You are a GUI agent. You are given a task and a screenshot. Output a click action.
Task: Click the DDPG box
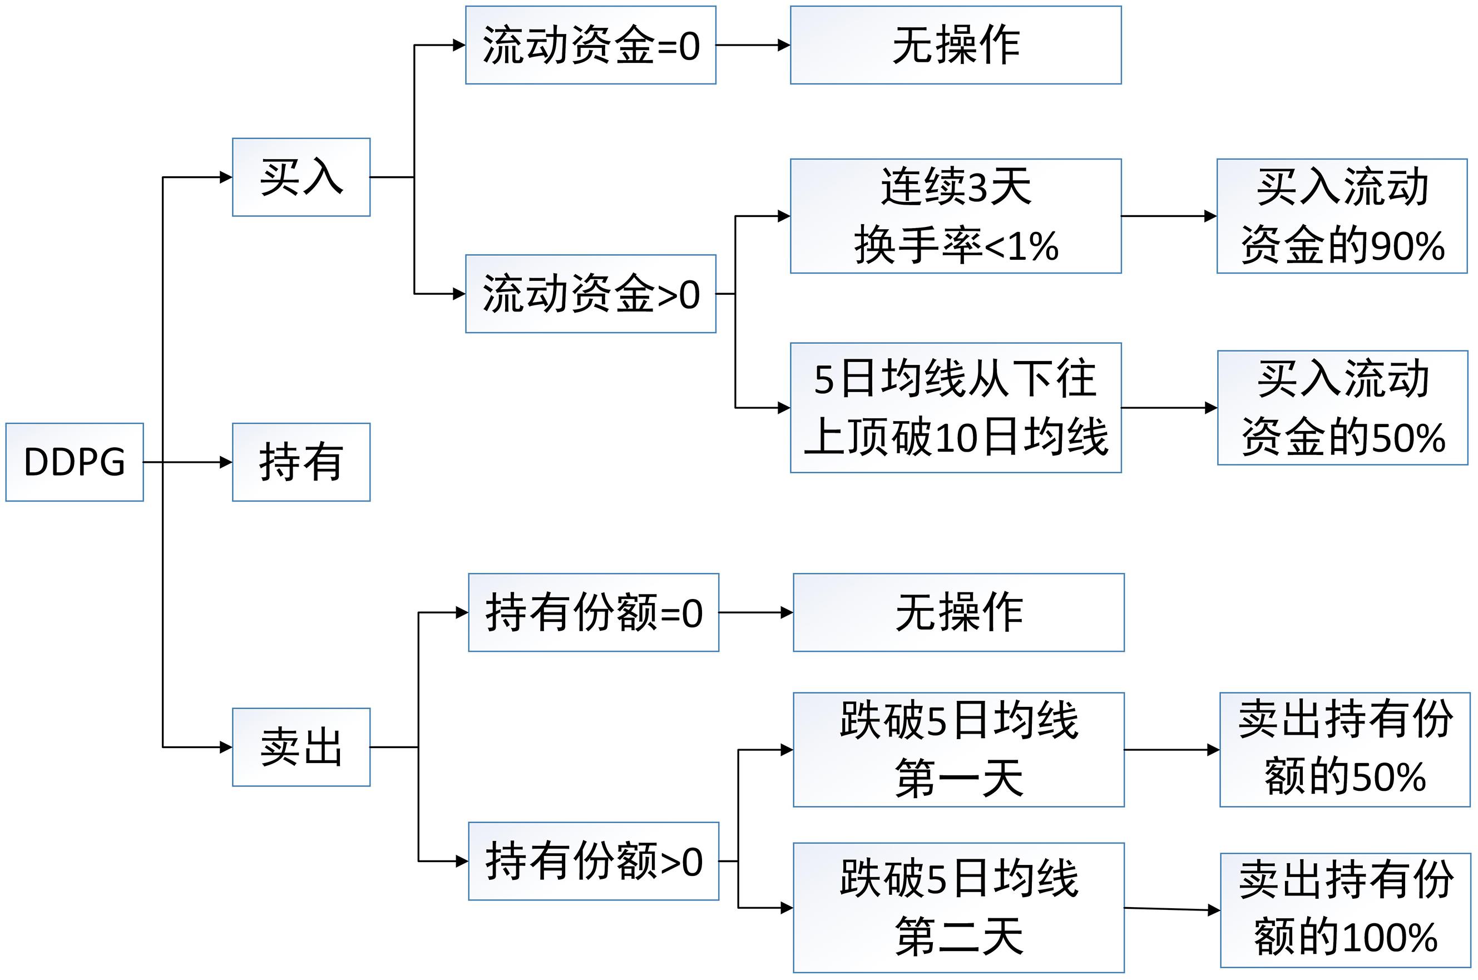click(x=75, y=462)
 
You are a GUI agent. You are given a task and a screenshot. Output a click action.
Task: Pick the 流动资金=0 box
click(x=590, y=45)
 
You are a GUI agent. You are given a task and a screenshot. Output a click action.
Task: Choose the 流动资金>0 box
click(x=590, y=294)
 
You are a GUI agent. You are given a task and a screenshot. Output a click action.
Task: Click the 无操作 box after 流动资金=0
click(x=955, y=45)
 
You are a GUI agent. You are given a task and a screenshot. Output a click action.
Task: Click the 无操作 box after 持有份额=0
click(x=958, y=612)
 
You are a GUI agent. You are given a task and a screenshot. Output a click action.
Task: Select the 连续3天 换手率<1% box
click(x=955, y=216)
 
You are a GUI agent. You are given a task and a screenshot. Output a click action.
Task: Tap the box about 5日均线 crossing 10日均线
click(x=955, y=408)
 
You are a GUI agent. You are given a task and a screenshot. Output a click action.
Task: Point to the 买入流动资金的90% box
click(x=1341, y=216)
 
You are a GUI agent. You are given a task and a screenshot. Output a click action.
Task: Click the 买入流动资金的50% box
click(x=1342, y=408)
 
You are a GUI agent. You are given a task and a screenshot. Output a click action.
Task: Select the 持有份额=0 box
click(x=593, y=612)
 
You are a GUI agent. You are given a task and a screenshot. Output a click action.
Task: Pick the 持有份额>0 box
click(x=593, y=861)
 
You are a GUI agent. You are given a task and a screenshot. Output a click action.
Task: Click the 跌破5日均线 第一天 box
click(x=958, y=749)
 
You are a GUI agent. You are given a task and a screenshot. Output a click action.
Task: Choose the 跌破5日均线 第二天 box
click(x=958, y=908)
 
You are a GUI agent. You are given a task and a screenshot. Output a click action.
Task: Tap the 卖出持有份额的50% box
click(x=1344, y=749)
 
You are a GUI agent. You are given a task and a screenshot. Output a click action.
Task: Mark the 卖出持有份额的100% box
click(x=1345, y=910)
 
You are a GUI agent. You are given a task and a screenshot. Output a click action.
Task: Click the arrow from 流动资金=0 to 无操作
click(x=753, y=45)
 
